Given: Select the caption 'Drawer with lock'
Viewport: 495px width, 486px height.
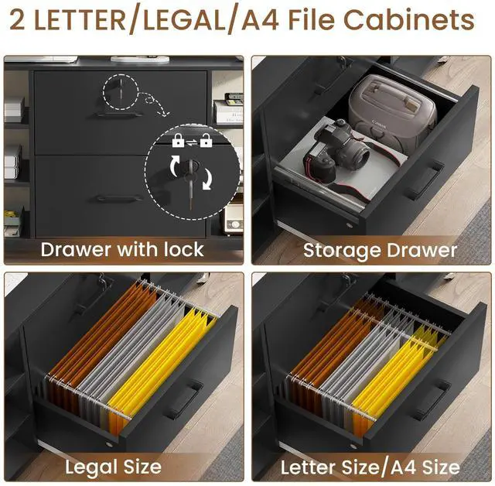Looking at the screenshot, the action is click(x=122, y=249).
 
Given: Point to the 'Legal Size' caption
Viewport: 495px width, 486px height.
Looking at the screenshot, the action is click(x=113, y=467).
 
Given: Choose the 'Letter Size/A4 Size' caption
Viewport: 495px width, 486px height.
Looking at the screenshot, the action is click(x=370, y=467).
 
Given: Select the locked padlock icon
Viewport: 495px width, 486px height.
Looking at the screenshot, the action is click(x=178, y=140).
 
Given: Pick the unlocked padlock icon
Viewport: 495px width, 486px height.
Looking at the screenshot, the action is click(x=207, y=140).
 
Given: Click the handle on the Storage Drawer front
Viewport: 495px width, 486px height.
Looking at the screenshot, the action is click(x=424, y=180).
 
